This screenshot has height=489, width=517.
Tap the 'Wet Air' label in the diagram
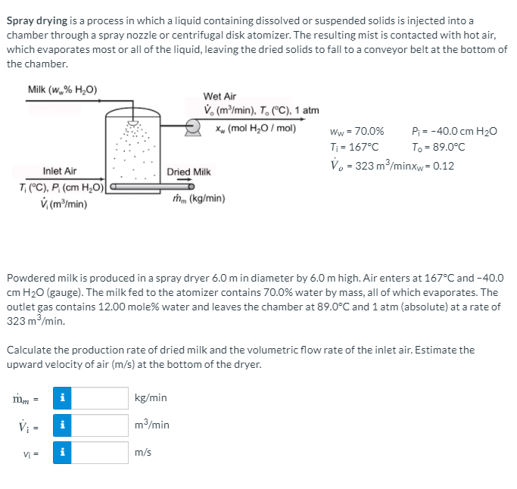tap(220, 97)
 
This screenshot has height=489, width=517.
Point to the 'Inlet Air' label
tap(60, 172)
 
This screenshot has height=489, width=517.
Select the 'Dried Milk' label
tap(188, 173)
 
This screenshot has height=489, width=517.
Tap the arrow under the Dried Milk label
tap(188, 180)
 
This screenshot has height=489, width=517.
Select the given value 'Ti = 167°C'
tap(355, 148)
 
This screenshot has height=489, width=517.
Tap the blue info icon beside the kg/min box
tap(63, 398)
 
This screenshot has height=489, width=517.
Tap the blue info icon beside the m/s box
tap(63, 453)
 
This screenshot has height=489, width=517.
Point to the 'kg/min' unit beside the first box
tap(151, 398)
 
